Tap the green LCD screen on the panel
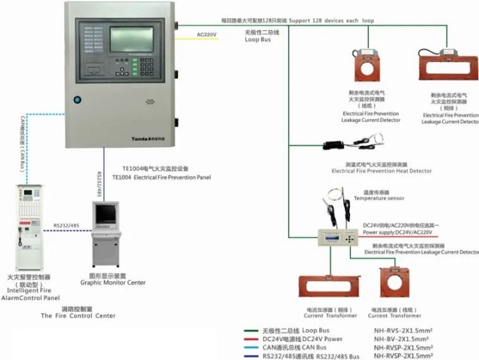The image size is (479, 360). tap(136, 39)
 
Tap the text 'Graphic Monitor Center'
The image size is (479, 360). tap(113, 283)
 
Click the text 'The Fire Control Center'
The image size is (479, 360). tap(77, 316)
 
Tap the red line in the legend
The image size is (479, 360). tap(249, 338)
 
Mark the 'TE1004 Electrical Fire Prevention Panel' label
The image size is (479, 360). tap(161, 178)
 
